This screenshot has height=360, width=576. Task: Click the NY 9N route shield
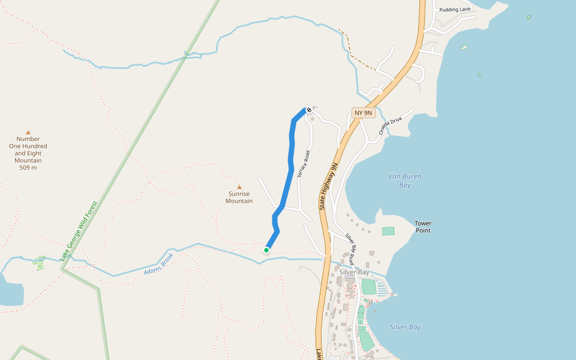tap(364, 113)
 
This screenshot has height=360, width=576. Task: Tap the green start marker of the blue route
tap(266, 250)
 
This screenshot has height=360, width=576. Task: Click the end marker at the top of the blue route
tap(308, 110)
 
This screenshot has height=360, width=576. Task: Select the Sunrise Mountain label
tap(239, 197)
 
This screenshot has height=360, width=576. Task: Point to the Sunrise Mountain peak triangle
tap(239, 187)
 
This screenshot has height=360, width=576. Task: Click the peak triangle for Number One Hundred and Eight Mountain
tap(28, 133)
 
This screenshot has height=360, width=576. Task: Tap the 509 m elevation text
tap(28, 167)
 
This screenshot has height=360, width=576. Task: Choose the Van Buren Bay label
tap(404, 181)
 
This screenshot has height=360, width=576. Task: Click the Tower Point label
tap(423, 227)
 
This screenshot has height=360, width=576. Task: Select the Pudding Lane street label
tap(454, 10)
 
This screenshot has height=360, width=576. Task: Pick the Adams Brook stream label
tap(158, 264)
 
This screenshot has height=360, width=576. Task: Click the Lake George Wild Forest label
tap(79, 230)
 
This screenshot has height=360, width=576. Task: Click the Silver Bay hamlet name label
tap(355, 272)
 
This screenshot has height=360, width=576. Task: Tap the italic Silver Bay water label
tap(405, 327)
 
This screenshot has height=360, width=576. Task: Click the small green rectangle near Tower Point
tap(388, 231)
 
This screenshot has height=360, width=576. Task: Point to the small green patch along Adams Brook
tap(40, 262)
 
